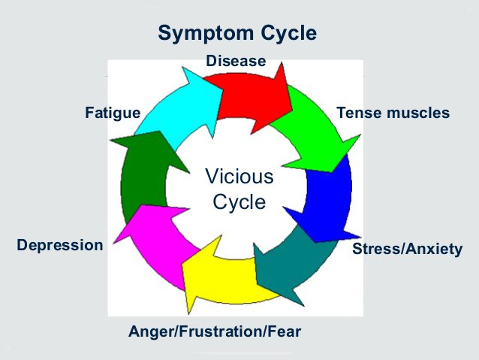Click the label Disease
point(236,61)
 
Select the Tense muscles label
point(393,113)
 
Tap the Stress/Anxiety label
point(407,249)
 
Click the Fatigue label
point(113,113)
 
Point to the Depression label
point(60,245)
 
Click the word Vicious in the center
point(239,177)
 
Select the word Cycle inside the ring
point(239,202)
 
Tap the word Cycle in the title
point(288,33)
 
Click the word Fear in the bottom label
point(285,331)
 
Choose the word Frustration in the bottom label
point(221,331)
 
